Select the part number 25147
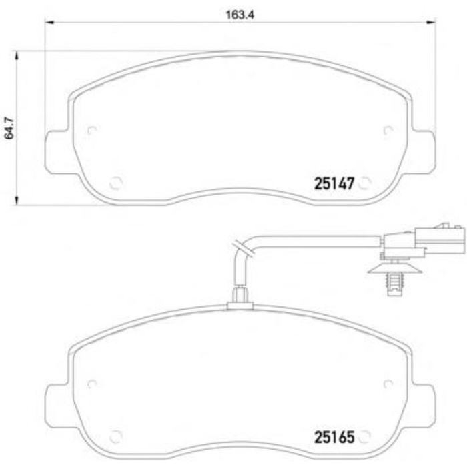333,183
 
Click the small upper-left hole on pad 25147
92,131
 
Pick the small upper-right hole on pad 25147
386,131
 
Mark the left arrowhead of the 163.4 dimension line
49,24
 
